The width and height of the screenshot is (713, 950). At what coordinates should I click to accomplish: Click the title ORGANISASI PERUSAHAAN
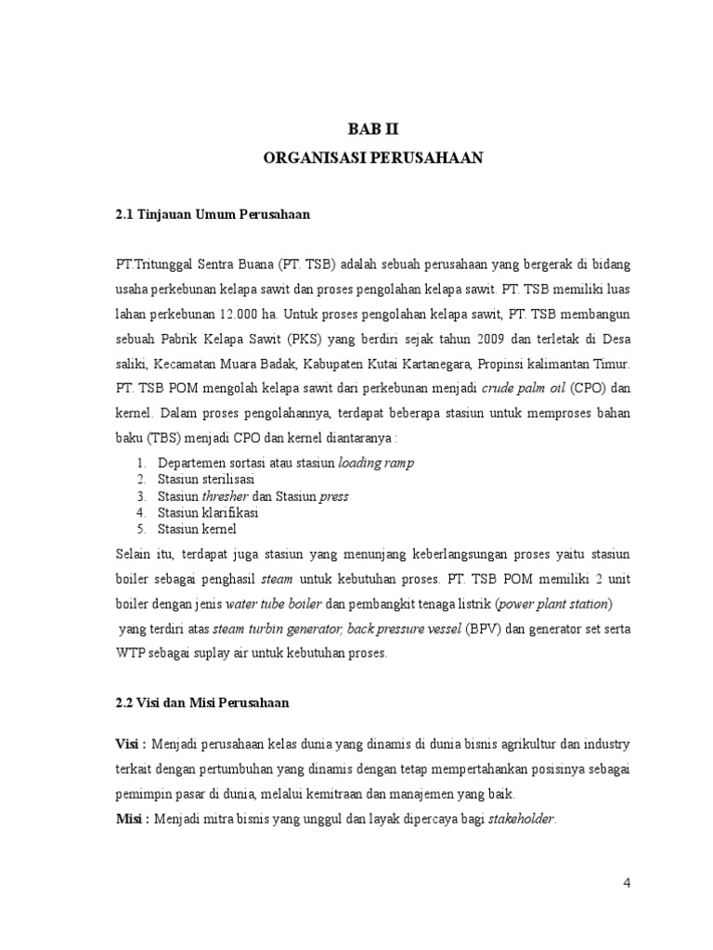coord(374,159)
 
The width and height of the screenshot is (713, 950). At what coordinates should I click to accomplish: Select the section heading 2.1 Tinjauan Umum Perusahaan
coord(213,214)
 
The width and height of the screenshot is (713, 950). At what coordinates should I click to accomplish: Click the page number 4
coord(628,882)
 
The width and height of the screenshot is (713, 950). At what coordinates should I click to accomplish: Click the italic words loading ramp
coord(376,462)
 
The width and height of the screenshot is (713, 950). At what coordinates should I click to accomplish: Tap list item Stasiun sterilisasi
coord(206,479)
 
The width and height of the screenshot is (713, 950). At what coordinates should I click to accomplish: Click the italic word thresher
coord(227,495)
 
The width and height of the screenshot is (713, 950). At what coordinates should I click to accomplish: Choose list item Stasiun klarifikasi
coord(207,512)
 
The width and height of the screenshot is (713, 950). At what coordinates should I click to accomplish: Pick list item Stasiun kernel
coord(197,529)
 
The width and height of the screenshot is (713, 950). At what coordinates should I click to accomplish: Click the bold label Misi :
coord(130,818)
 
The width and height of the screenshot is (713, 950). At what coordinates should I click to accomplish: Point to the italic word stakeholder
coord(522,818)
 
